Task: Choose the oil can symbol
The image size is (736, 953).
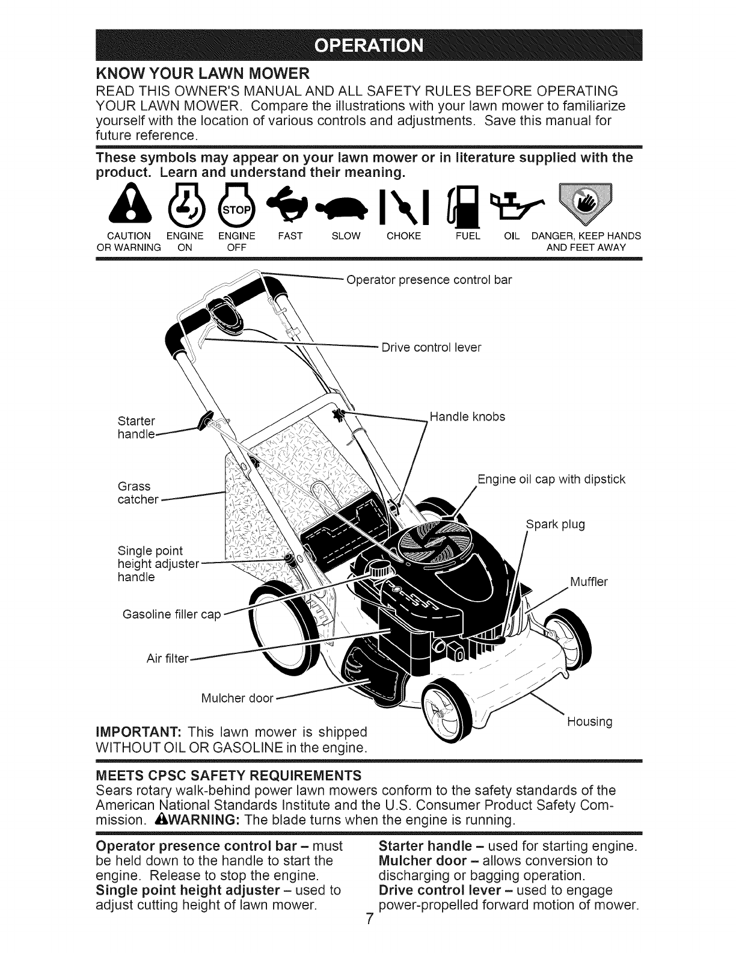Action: coord(512,202)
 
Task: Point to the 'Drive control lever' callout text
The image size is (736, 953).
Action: coord(431,348)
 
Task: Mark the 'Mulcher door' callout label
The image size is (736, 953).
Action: coord(236,699)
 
